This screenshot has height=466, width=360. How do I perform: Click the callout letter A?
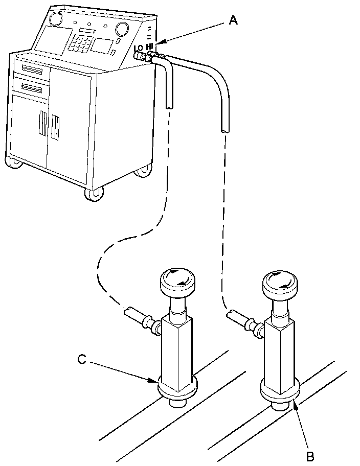coord(233,20)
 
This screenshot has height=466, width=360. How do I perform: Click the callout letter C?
coord(82,359)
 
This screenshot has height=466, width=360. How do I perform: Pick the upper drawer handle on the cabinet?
coord(31,69)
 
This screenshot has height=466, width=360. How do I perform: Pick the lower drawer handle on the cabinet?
coord(31,89)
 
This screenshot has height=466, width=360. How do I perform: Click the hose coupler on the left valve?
coord(149,323)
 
